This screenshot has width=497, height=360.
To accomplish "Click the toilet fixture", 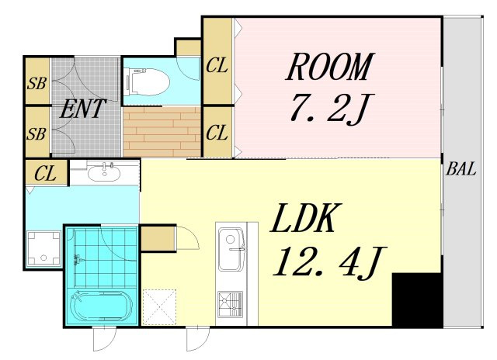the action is pos(148,82).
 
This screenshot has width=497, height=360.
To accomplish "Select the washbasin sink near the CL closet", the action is pos(104,173).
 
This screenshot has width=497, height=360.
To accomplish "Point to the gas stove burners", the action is pos(231,304).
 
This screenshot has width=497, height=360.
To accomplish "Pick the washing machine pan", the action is pos(43,248).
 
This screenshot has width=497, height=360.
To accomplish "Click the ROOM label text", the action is pos(329,67).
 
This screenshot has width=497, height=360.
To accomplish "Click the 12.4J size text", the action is pos(329,263).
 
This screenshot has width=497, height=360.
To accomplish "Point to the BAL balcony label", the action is pos(461,169).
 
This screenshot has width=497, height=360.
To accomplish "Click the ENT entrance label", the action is pos(82,109).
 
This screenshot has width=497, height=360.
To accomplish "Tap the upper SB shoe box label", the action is pos(36,84).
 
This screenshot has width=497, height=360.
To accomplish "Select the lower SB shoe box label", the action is pos(36,134).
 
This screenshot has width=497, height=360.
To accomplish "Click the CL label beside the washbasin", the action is pos(45,174).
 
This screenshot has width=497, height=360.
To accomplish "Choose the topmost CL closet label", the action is pos(217,66).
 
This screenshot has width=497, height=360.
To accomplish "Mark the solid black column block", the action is pos(417,299).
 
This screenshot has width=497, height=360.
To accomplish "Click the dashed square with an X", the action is pos(159,306).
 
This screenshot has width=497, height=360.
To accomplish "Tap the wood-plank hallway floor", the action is pos(162,132).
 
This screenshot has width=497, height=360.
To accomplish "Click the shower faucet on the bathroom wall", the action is pos(78,260).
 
